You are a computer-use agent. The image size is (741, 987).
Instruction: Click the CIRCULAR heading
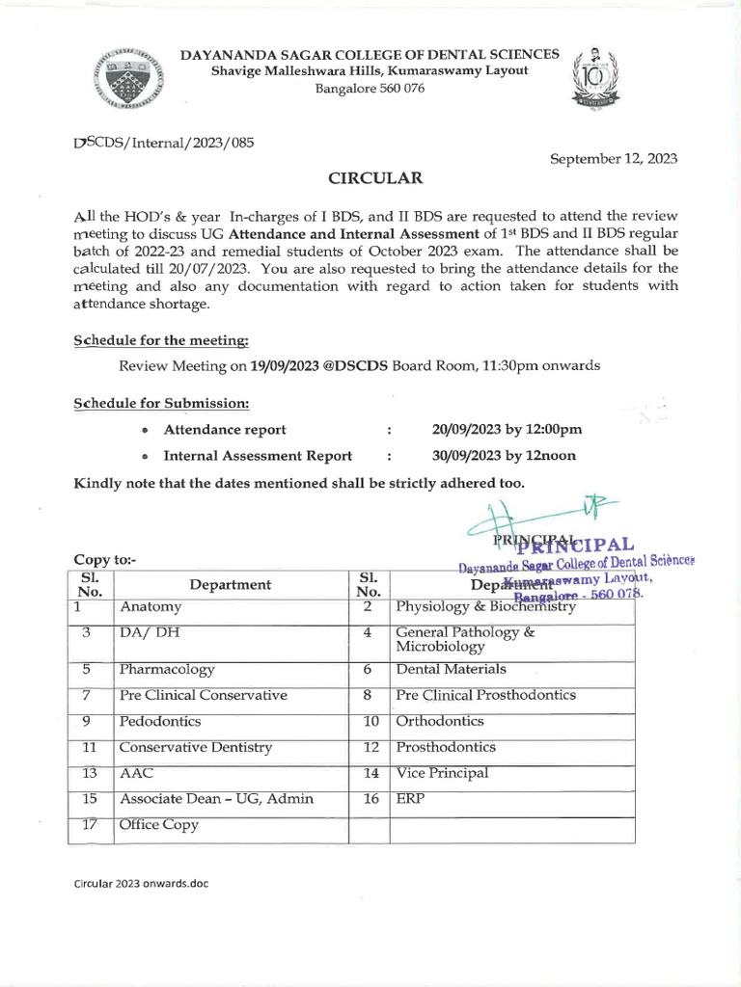tap(362, 177)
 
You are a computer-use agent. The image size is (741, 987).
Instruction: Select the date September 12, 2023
tap(614, 159)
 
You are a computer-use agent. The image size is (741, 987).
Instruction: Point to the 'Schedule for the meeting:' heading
tap(161, 341)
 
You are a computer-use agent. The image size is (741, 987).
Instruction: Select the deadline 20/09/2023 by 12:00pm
tap(508, 430)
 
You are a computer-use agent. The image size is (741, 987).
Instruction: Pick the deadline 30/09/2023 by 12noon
tap(505, 456)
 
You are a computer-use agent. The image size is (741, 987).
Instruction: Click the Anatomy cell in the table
tap(151, 607)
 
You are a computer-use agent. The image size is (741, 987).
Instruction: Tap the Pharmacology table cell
tap(167, 669)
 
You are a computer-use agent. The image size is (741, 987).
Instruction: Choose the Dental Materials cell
tap(451, 669)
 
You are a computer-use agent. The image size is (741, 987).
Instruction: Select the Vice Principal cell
tap(442, 773)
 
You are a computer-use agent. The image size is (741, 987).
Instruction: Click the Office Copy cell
tap(158, 825)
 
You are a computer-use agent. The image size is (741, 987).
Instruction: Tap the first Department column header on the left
tap(231, 584)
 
